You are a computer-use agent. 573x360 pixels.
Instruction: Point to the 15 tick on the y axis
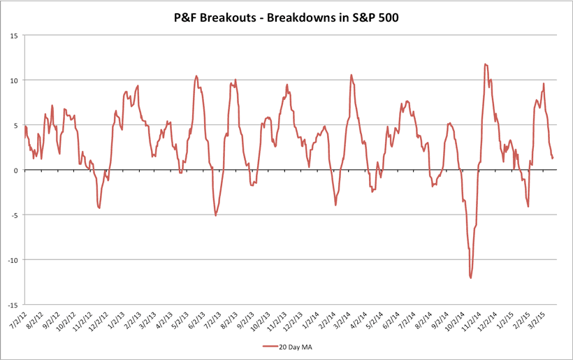[x=15, y=35]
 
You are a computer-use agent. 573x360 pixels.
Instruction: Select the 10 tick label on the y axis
[x=15, y=80]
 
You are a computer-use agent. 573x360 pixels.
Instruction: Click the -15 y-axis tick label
[x=13, y=305]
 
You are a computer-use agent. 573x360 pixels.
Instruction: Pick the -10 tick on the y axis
[x=13, y=260]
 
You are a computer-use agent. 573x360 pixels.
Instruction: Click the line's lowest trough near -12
[x=471, y=278]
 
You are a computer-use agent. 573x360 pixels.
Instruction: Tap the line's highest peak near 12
[x=485, y=64]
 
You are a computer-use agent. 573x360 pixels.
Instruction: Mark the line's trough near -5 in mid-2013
[x=215, y=215]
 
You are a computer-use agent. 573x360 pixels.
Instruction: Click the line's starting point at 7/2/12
[x=25, y=127]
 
